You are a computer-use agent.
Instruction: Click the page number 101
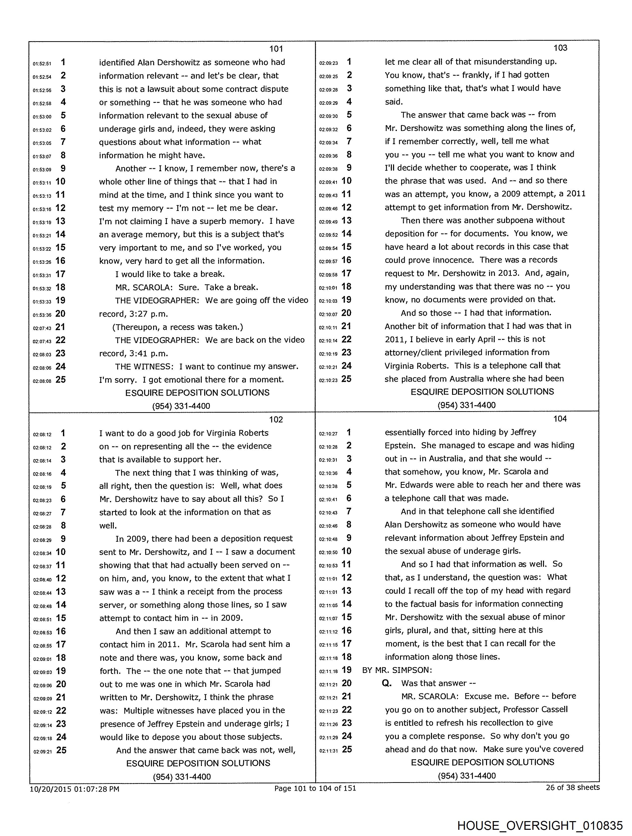276,49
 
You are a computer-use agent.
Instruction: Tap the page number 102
276,420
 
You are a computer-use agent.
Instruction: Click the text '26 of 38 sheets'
572,787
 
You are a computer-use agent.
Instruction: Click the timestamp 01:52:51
42,64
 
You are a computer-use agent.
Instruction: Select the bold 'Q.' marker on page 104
387,683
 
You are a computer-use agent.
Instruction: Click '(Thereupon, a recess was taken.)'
177,327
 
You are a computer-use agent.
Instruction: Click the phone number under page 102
182,777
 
